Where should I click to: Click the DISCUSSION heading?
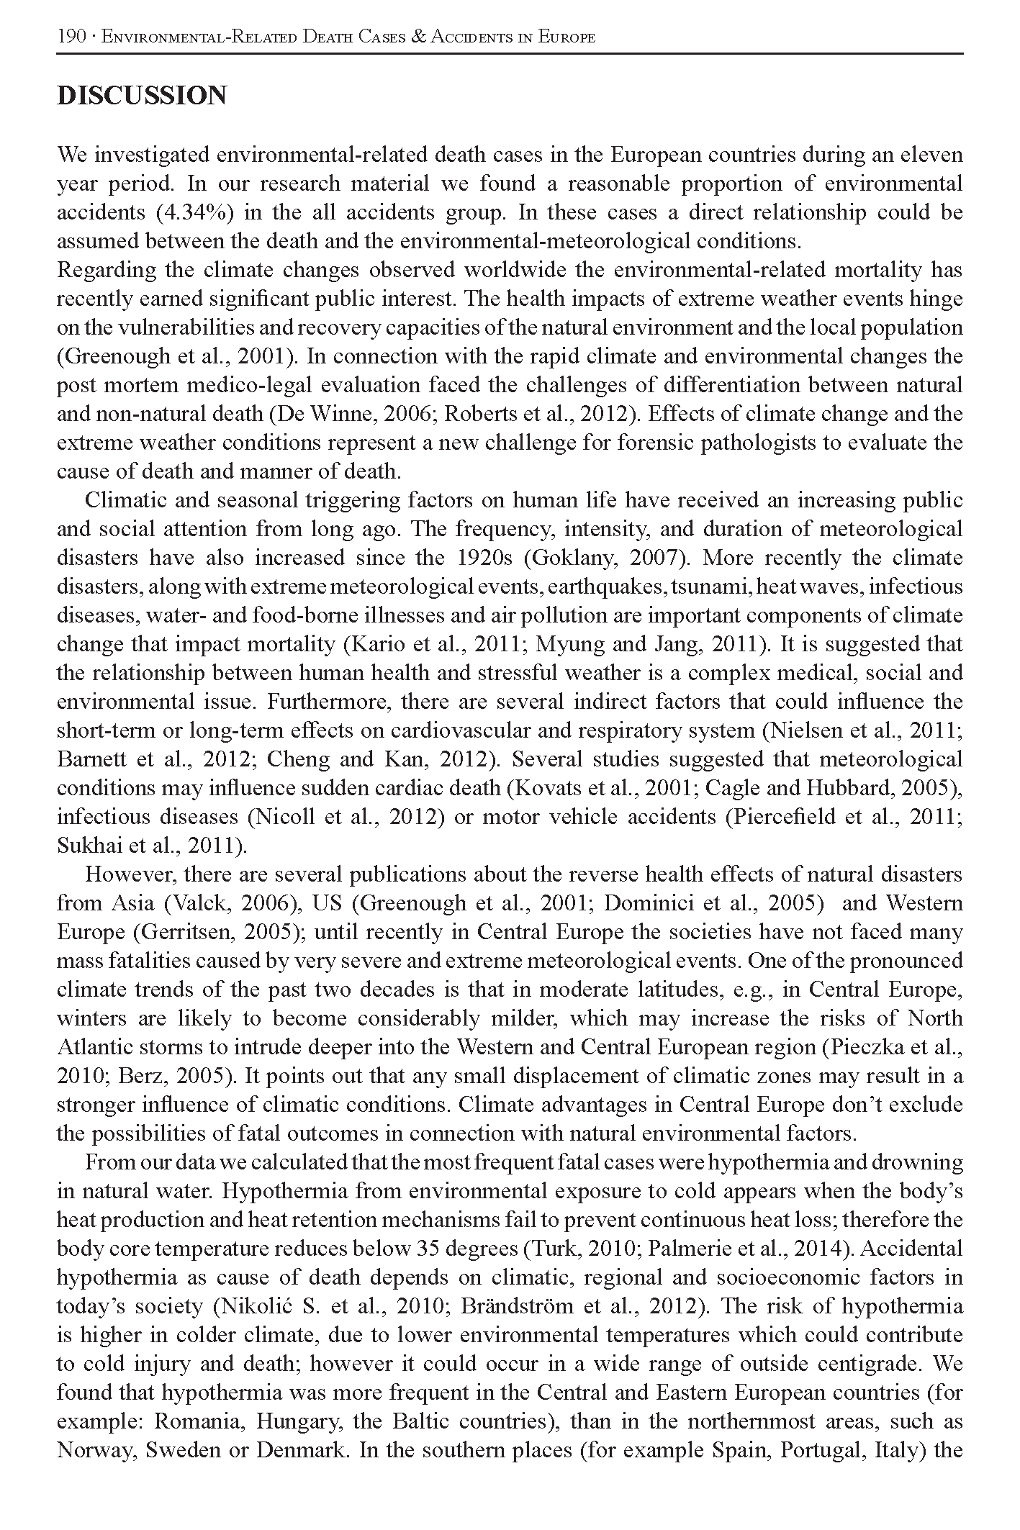(x=142, y=96)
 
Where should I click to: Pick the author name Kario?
(x=374, y=644)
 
